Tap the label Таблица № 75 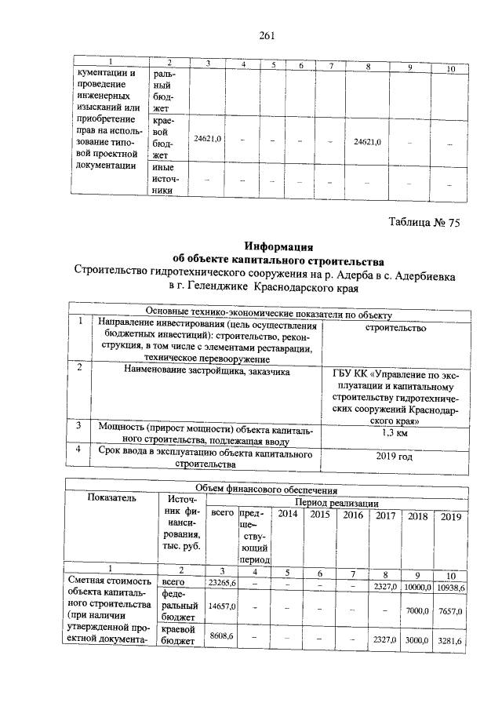pyautogui.click(x=424, y=222)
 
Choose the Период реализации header pyautogui.click(x=336, y=501)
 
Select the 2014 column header pyautogui.click(x=288, y=515)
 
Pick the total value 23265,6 pyautogui.click(x=220, y=583)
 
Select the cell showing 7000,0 pyautogui.click(x=417, y=610)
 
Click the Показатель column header pyautogui.click(x=111, y=497)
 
